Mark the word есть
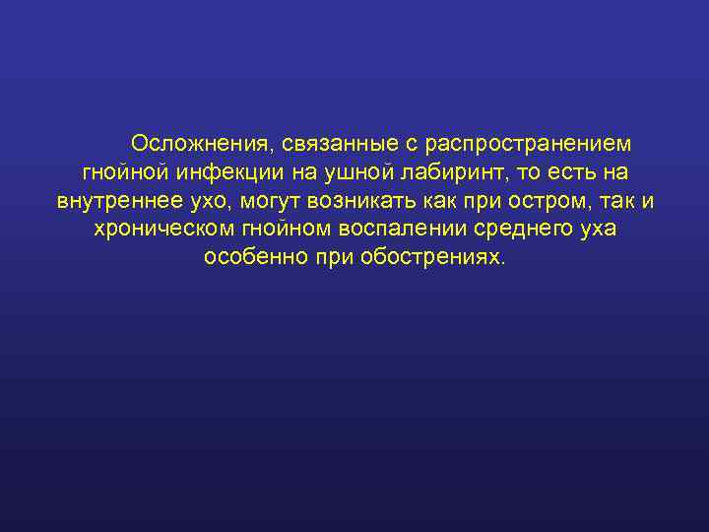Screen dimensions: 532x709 click(x=568, y=172)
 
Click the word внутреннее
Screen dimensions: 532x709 click(x=118, y=201)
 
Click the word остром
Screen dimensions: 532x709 click(x=549, y=201)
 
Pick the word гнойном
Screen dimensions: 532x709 click(x=278, y=230)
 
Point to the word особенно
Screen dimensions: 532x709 click(x=256, y=258)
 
